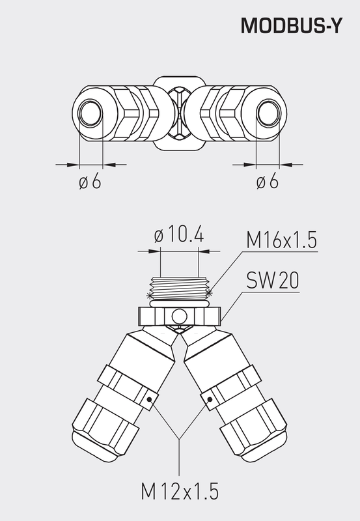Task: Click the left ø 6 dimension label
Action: coord(90,182)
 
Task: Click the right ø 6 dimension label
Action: coord(267,182)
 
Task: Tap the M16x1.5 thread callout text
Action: coord(281,240)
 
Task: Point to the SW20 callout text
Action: coord(272,281)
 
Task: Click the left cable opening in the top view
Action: coord(90,115)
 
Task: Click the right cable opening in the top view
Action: coord(268,115)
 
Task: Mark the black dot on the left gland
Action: coord(150,399)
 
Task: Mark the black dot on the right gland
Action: coord(210,399)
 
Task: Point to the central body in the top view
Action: coord(179,115)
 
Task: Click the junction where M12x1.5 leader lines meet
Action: coord(179,440)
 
